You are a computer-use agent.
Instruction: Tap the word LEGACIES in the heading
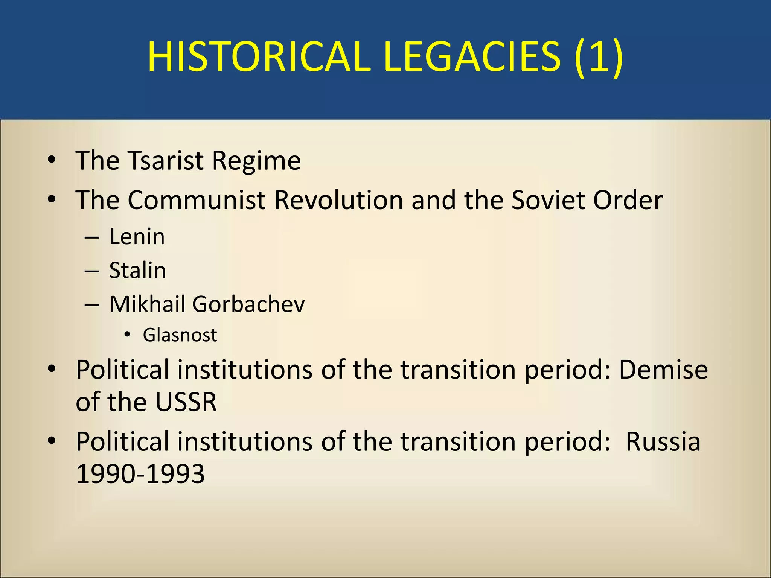click(472, 57)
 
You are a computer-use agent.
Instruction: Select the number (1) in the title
click(599, 57)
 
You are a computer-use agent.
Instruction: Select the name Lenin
click(137, 237)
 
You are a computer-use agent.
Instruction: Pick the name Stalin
click(137, 271)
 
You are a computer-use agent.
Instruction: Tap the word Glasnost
click(180, 335)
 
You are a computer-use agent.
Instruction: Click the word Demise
click(663, 370)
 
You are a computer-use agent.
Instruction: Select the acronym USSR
click(186, 402)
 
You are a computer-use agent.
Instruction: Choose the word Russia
click(663, 441)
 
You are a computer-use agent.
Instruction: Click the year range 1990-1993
click(140, 474)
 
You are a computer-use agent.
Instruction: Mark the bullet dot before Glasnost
click(127, 335)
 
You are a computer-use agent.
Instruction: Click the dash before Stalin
click(92, 271)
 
